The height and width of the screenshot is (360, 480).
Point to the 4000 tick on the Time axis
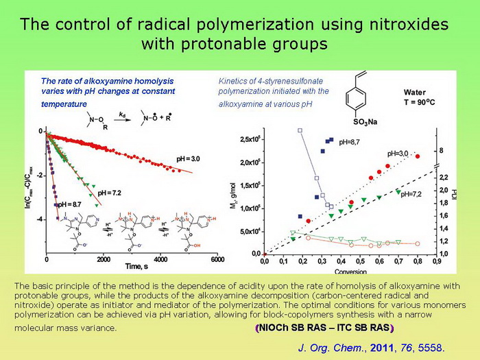pyautogui.click(x=160, y=260)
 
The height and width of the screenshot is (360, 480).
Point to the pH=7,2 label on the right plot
pyautogui.click(x=412, y=195)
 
